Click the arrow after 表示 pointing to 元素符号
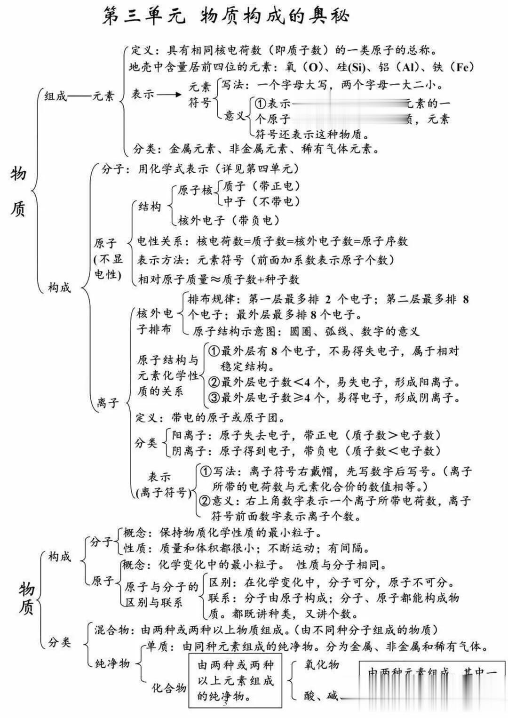click(x=169, y=95)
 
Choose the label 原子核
click(x=195, y=191)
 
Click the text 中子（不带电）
click(x=262, y=201)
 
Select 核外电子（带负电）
click(x=229, y=220)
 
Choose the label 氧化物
click(x=322, y=664)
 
